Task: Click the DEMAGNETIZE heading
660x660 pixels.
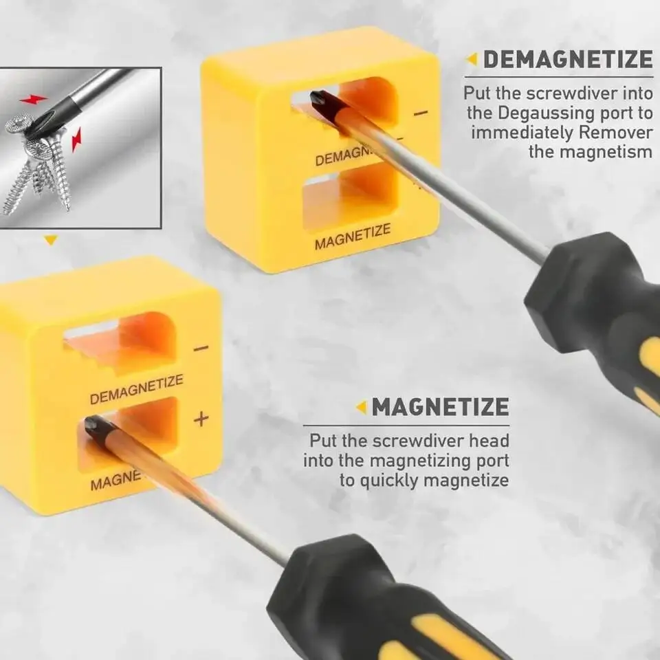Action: [567, 60]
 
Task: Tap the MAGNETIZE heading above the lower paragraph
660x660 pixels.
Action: [440, 407]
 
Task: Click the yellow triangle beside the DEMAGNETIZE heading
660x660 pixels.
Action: [472, 60]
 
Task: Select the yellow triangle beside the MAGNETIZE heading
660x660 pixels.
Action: [361, 408]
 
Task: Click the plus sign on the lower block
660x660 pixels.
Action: [201, 419]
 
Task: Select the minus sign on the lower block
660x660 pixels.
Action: [201, 349]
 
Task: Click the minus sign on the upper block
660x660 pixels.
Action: [421, 112]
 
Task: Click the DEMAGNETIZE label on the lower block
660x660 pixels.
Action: [136, 389]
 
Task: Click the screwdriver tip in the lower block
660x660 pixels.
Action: [93, 426]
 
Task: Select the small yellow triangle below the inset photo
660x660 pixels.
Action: [50, 240]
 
